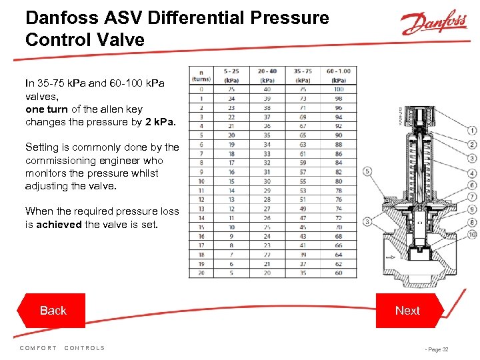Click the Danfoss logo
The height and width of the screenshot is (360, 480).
[x=434, y=24]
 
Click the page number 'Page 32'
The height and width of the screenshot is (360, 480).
[x=437, y=349]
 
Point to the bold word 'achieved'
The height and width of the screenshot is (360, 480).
[x=59, y=224]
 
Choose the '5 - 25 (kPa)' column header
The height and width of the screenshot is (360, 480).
[x=231, y=75]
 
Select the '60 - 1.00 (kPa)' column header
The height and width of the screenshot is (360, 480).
[x=339, y=75]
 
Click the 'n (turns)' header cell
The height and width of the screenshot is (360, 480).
[x=201, y=75]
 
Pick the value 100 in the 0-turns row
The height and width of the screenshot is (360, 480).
[x=339, y=89]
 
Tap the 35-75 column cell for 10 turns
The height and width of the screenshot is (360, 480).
[x=303, y=181]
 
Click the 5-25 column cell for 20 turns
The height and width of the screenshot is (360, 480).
[x=231, y=273]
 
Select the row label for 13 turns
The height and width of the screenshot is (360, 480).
[x=201, y=209]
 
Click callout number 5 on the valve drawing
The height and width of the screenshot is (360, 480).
[x=367, y=171]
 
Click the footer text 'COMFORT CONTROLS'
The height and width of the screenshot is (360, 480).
[x=62, y=348]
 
